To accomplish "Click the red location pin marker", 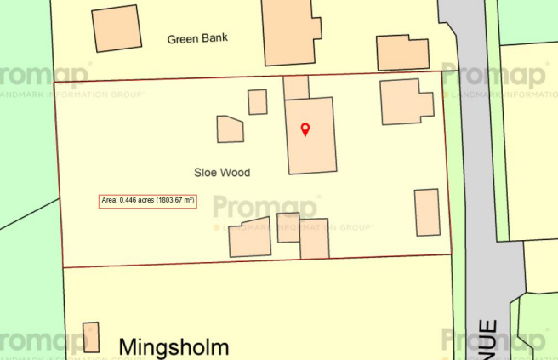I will (305, 129).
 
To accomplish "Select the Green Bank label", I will (198, 38).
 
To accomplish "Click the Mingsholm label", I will (174, 346).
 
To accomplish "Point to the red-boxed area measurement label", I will (148, 201).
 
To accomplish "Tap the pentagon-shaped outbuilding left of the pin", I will (231, 129).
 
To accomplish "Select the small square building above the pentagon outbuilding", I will (258, 101).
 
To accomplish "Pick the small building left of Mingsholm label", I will (91, 337).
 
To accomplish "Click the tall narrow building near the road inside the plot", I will (426, 213).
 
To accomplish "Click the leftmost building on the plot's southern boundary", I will (250, 241).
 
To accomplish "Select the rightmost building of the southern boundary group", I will (315, 238).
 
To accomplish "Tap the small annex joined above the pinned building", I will (296, 87).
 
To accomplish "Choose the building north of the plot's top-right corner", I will (402, 52).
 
